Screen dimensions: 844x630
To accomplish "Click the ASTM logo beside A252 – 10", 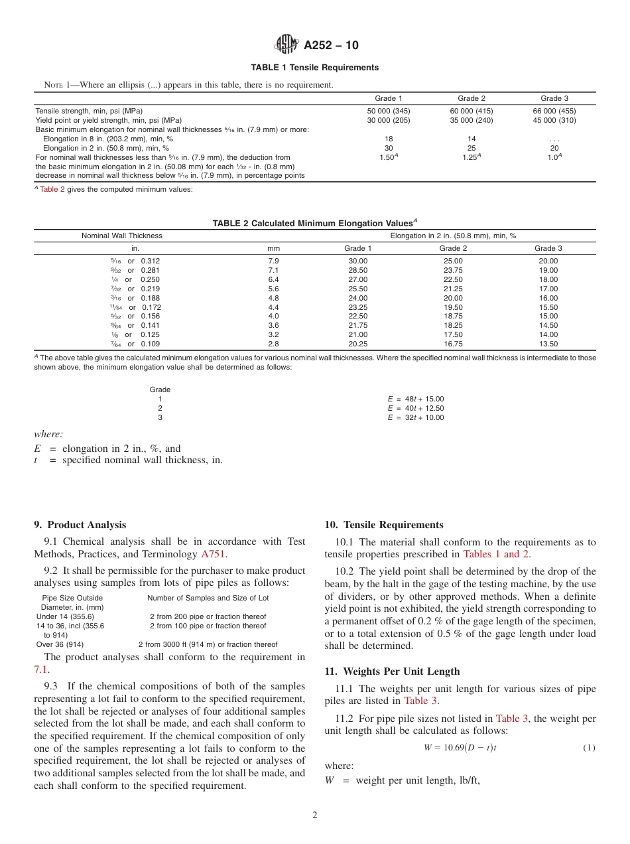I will [x=286, y=44].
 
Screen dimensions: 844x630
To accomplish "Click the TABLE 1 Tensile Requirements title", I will [x=314, y=68].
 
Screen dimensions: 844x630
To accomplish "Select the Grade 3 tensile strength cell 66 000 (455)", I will [x=554, y=111].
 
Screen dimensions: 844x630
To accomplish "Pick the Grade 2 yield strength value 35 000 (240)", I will [x=472, y=120].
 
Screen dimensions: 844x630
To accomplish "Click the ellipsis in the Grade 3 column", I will [x=554, y=139].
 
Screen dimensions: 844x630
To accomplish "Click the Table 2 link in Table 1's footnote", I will [x=52, y=189].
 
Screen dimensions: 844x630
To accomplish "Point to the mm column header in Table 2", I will [x=273, y=248].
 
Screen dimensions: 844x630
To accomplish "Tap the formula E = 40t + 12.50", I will [x=416, y=408].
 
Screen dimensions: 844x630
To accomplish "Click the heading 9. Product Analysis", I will [x=80, y=525].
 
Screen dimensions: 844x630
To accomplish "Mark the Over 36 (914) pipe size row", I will [x=60, y=644].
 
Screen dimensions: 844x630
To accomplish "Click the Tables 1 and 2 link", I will [x=495, y=554].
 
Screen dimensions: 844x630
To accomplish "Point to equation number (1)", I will [x=589, y=748].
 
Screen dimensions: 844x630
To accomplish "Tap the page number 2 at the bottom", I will [x=315, y=815].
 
